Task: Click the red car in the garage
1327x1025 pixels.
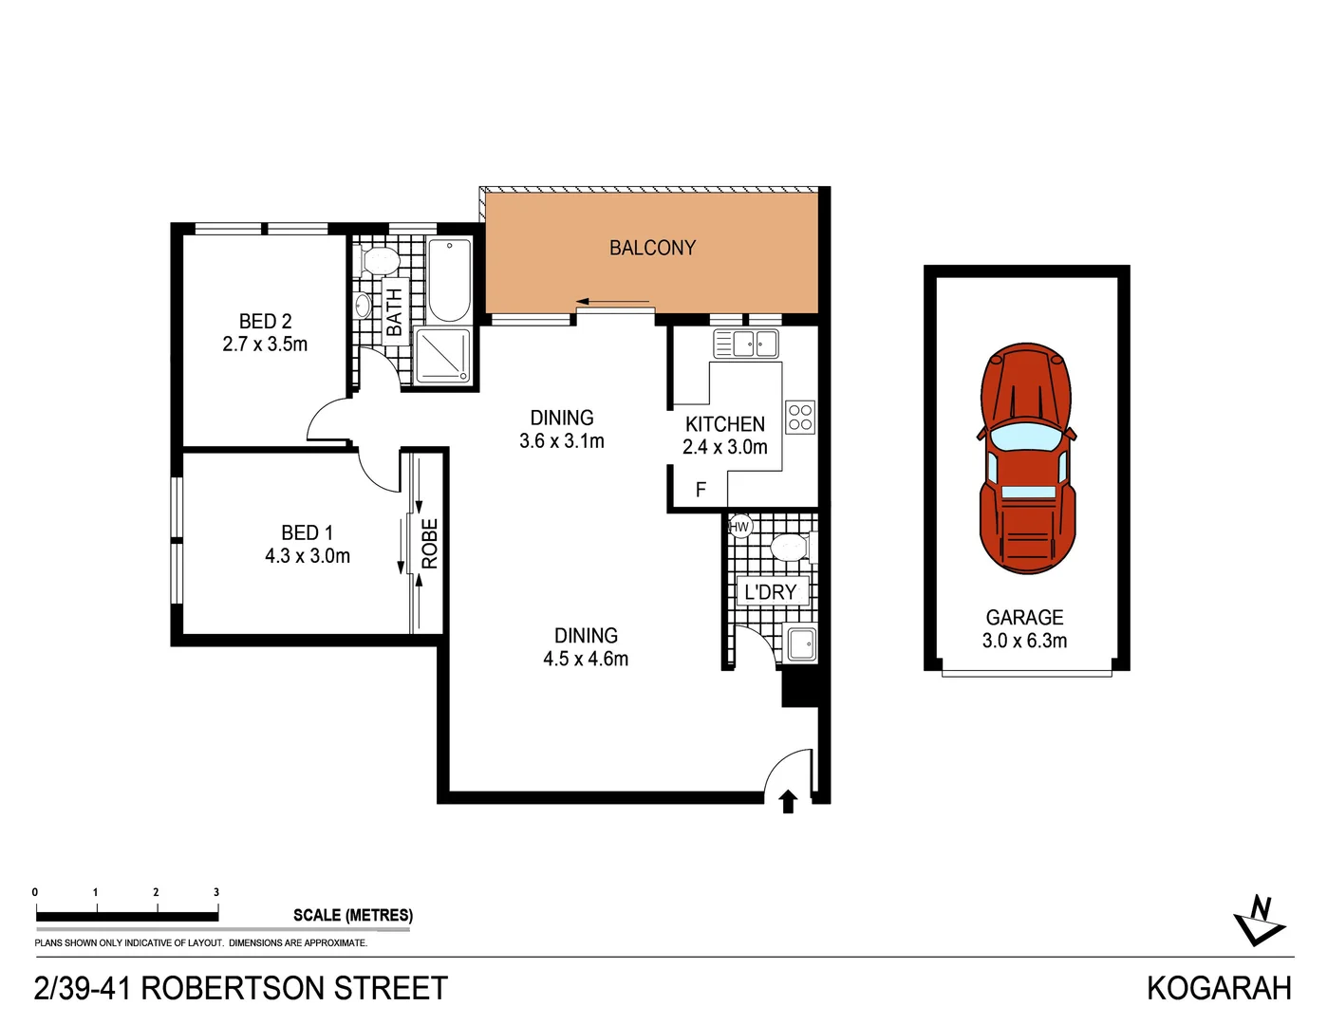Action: [1027, 458]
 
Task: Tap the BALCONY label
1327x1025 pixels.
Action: [652, 248]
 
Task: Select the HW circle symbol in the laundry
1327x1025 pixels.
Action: [739, 527]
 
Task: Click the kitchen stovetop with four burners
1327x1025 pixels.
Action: [800, 418]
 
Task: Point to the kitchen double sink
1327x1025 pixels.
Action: [746, 343]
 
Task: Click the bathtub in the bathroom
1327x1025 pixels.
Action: [448, 282]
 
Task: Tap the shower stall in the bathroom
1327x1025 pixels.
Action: [443, 356]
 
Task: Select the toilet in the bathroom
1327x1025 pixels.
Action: [380, 260]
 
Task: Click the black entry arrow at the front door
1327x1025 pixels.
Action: [788, 802]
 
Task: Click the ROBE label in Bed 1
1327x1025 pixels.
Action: [430, 543]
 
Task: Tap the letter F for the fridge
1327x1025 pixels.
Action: [701, 490]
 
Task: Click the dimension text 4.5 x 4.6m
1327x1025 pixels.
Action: [586, 659]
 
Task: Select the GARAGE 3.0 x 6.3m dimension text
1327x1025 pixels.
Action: [1024, 641]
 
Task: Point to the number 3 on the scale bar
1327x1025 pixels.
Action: [216, 892]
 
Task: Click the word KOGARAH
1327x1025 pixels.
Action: [1219, 988]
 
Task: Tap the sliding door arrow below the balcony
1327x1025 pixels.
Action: [612, 303]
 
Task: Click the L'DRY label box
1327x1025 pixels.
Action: [771, 592]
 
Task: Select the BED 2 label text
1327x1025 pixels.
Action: [265, 321]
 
